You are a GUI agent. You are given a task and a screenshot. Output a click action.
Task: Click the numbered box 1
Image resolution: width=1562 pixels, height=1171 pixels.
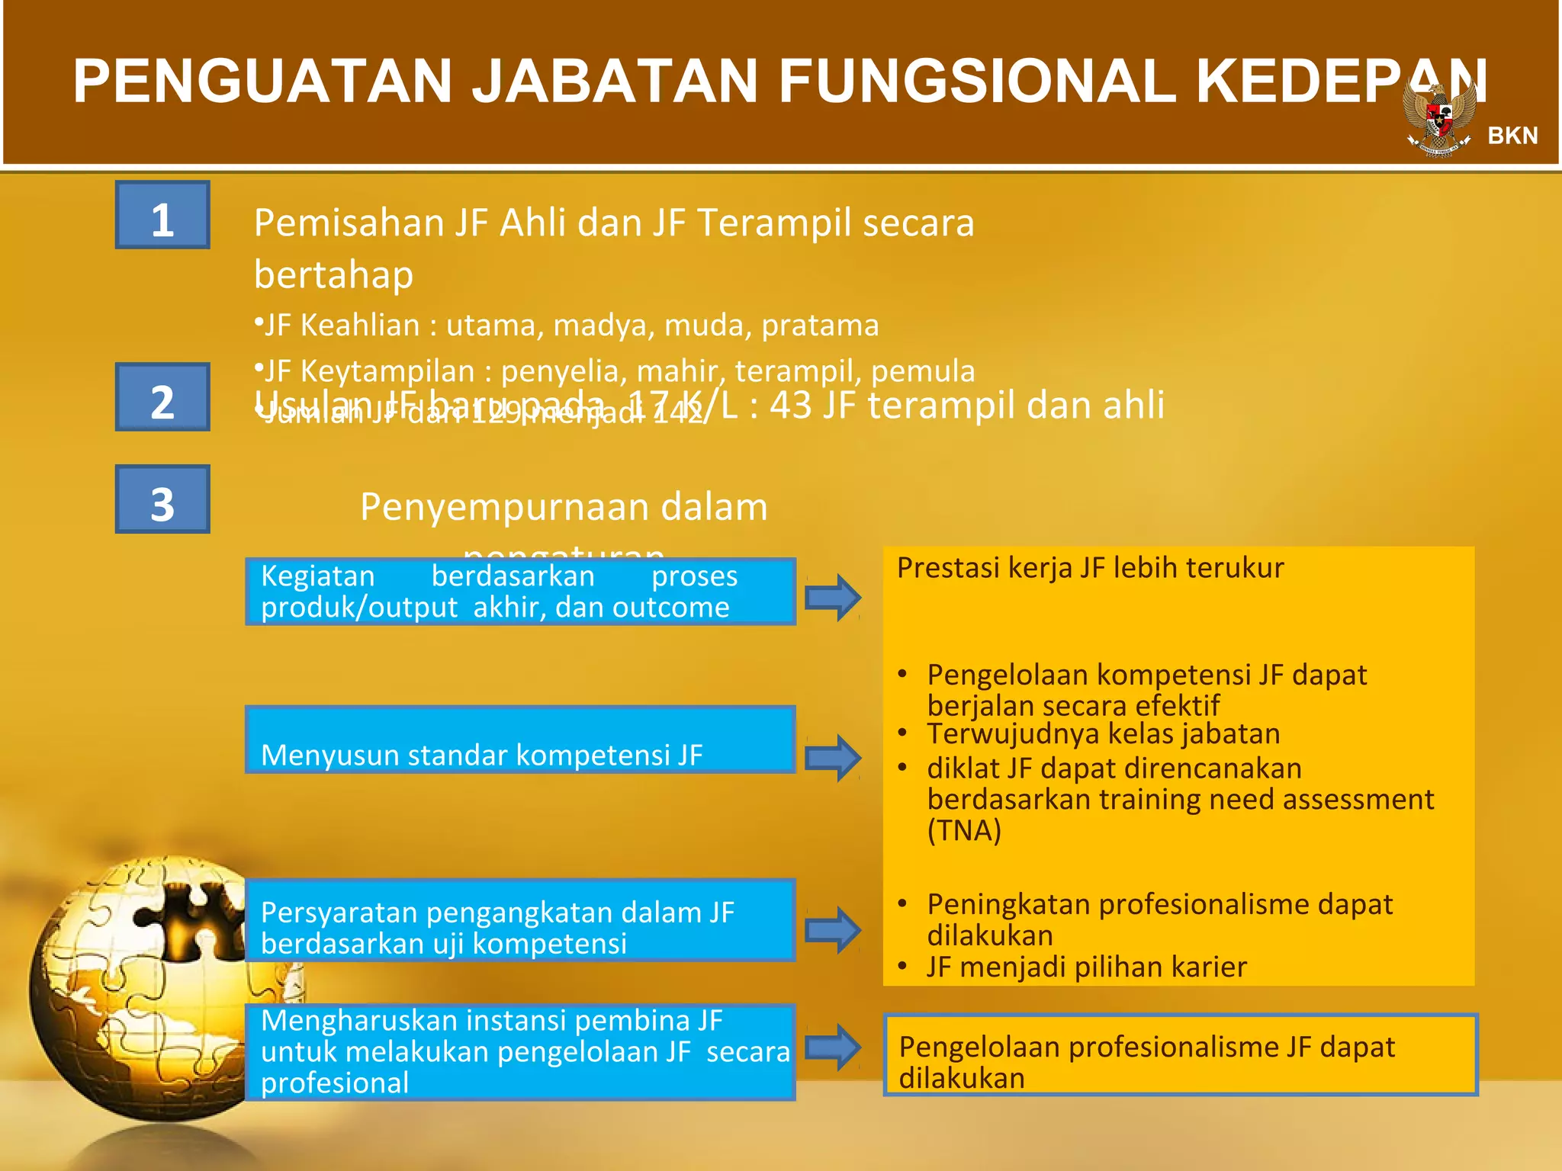click(x=162, y=215)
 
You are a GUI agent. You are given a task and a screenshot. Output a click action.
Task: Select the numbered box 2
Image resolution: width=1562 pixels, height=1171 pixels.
click(x=162, y=397)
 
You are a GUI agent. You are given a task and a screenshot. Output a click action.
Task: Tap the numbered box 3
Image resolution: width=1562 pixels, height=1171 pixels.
click(x=162, y=499)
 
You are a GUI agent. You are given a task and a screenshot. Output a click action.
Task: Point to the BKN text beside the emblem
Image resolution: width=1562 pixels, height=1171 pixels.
click(x=1512, y=136)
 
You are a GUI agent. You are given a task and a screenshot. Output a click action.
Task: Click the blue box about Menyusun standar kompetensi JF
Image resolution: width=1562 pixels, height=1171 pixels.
click(x=520, y=740)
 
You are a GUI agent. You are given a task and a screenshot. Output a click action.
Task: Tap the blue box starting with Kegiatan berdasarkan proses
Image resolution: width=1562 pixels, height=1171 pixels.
click(x=520, y=592)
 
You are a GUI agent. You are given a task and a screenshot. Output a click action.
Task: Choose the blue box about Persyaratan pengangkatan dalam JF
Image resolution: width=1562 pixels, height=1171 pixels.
click(x=520, y=920)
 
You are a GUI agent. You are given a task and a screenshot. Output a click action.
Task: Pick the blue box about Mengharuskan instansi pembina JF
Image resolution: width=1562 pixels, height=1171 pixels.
click(x=520, y=1052)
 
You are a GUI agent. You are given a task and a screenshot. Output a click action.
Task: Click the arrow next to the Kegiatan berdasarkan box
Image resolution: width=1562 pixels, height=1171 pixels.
click(x=833, y=597)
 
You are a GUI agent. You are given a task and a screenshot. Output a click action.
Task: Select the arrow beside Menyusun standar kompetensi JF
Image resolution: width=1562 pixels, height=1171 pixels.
click(x=833, y=758)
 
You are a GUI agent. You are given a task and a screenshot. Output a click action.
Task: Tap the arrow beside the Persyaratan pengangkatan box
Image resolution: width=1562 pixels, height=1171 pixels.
click(x=833, y=930)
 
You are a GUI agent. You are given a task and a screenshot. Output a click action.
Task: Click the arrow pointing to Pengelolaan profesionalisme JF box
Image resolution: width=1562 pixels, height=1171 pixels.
click(x=833, y=1047)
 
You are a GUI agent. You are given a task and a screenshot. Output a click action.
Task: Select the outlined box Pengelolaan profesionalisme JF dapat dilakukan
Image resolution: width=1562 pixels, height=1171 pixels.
click(x=1180, y=1055)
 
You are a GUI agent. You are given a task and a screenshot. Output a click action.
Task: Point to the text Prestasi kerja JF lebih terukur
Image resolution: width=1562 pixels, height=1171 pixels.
click(x=1090, y=568)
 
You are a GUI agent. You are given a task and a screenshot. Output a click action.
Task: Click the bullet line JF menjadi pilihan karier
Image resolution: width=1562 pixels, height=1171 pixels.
click(x=1086, y=967)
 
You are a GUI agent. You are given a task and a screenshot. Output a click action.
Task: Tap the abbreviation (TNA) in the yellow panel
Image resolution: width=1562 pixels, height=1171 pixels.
click(x=964, y=830)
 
